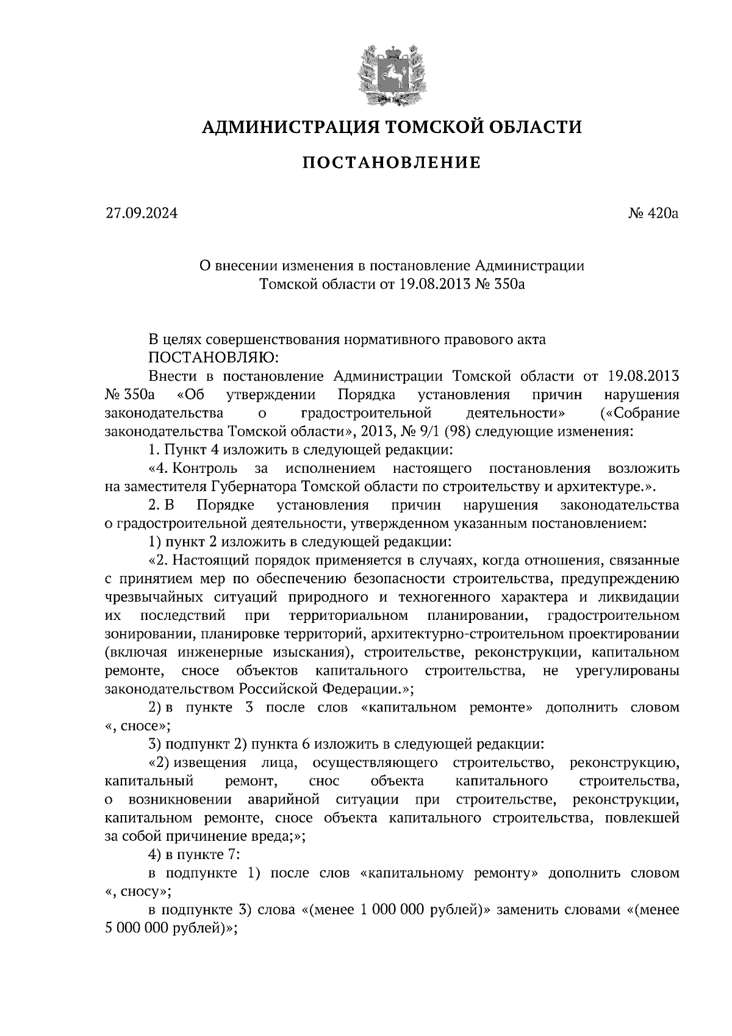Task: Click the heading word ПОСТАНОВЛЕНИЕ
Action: (392, 163)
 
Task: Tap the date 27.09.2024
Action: (141, 214)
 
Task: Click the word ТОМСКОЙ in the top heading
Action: (420, 127)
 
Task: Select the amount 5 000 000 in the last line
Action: (137, 929)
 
